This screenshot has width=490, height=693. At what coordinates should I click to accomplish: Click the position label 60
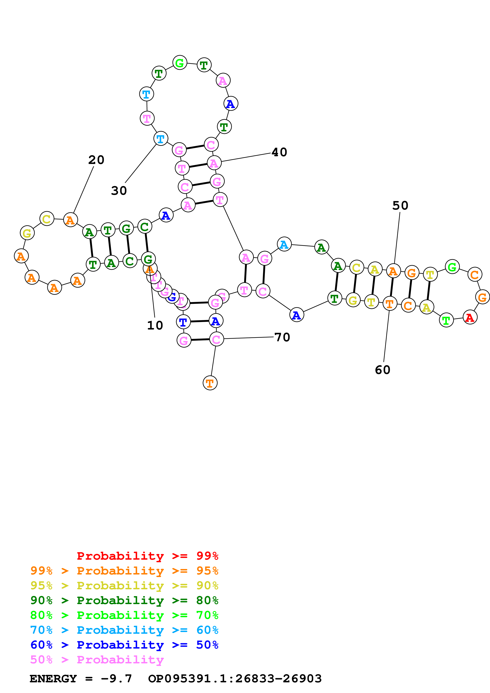coord(382,370)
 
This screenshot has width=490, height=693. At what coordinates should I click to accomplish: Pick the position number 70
coord(282,337)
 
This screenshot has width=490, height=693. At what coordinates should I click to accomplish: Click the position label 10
coord(155,325)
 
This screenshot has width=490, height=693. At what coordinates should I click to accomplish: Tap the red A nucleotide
coord(470,317)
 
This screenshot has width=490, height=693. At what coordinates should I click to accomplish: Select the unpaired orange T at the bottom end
coord(210,383)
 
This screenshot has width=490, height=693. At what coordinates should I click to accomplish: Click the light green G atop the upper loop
coord(180,63)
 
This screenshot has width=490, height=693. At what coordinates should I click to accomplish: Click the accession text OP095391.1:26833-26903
coord(235,679)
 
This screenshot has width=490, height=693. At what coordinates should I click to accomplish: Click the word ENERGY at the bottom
coord(53,679)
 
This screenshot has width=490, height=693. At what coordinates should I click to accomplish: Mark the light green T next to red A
coord(446,320)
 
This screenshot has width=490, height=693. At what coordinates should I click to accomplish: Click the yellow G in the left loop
coord(27,233)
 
